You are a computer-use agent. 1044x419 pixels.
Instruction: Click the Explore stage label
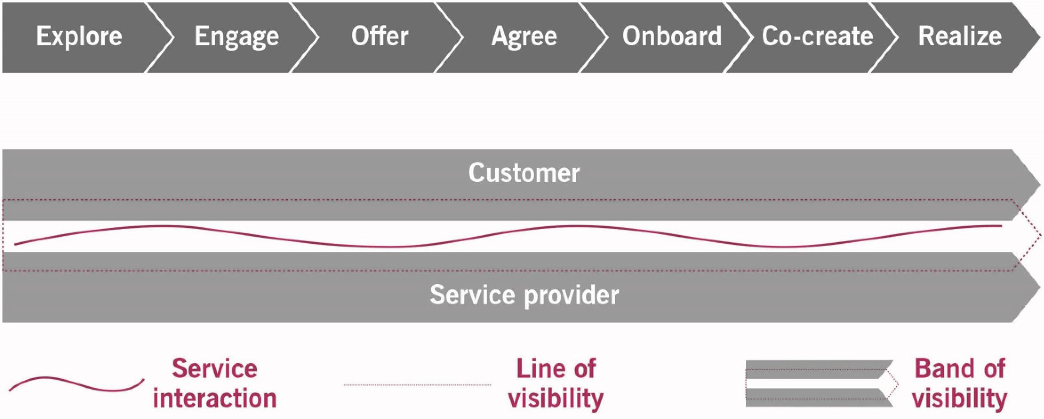(x=79, y=36)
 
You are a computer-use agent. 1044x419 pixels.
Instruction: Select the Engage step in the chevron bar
(x=237, y=37)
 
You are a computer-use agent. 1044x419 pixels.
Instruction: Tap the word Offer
(x=380, y=36)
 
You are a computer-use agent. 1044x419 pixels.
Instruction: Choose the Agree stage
(x=524, y=37)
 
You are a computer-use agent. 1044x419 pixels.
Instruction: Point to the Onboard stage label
(x=672, y=36)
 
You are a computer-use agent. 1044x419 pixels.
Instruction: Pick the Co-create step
(x=817, y=36)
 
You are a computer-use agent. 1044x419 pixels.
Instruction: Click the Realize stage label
(x=960, y=36)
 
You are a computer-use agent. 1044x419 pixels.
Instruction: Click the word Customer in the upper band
(x=524, y=173)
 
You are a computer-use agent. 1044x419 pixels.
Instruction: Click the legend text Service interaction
(x=215, y=383)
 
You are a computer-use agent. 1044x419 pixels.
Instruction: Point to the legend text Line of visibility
(x=556, y=383)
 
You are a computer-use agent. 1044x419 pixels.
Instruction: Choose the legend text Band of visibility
(x=960, y=383)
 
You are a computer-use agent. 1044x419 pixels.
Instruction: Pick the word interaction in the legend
(x=215, y=398)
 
